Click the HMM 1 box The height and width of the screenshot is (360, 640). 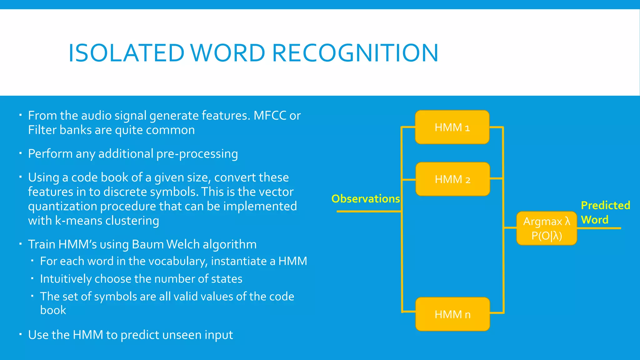click(x=452, y=127)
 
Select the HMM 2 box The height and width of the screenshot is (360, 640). click(x=452, y=179)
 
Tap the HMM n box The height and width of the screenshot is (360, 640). click(x=452, y=314)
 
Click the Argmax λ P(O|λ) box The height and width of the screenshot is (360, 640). click(x=547, y=228)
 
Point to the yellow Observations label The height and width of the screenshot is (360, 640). click(x=366, y=199)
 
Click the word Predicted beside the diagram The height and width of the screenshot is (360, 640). click(x=605, y=205)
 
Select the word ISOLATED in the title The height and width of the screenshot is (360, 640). click(x=126, y=53)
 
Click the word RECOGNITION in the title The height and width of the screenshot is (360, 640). click(x=355, y=53)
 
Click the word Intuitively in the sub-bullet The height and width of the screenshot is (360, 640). click(x=65, y=279)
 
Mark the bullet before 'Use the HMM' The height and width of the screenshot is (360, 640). click(x=20, y=334)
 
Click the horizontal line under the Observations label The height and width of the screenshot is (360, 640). click(x=369, y=212)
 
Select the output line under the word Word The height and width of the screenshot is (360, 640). click(x=598, y=228)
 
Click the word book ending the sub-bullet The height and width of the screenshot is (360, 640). click(x=53, y=310)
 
